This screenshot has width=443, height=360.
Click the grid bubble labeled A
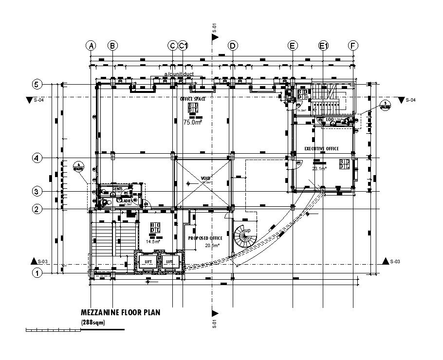[x=91, y=46]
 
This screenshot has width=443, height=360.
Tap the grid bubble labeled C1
[x=183, y=46]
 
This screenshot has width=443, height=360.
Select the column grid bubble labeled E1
[x=324, y=46]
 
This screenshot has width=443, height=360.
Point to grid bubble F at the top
[x=353, y=46]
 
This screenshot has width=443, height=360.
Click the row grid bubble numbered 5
[x=36, y=84]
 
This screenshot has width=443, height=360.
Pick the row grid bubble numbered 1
[x=36, y=273]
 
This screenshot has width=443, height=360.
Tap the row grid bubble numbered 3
[x=36, y=191]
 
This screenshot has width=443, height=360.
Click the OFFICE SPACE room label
[x=193, y=99]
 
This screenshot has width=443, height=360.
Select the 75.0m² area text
[x=192, y=123]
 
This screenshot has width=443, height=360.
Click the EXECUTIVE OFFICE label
[x=321, y=148]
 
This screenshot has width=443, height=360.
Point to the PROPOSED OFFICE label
[x=205, y=238]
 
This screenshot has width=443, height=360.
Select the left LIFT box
[x=148, y=262]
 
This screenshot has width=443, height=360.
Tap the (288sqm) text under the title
[x=93, y=323]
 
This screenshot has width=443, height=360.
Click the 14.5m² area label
[x=153, y=241]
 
